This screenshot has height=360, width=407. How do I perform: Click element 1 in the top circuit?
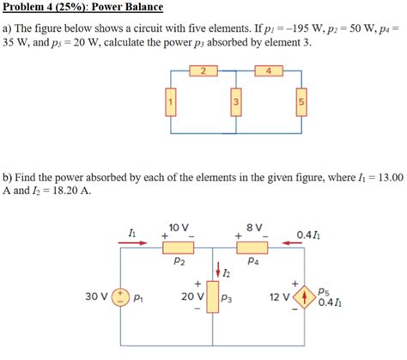(x=171, y=105)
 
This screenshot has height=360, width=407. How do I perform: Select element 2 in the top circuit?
(x=203, y=71)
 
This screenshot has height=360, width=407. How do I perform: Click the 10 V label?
(x=179, y=227)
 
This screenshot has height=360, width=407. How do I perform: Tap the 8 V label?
(x=253, y=227)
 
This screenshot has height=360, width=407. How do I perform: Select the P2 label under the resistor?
(x=179, y=262)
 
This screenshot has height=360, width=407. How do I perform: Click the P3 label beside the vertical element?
(x=228, y=299)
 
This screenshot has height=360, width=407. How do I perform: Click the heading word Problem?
(x=25, y=8)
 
